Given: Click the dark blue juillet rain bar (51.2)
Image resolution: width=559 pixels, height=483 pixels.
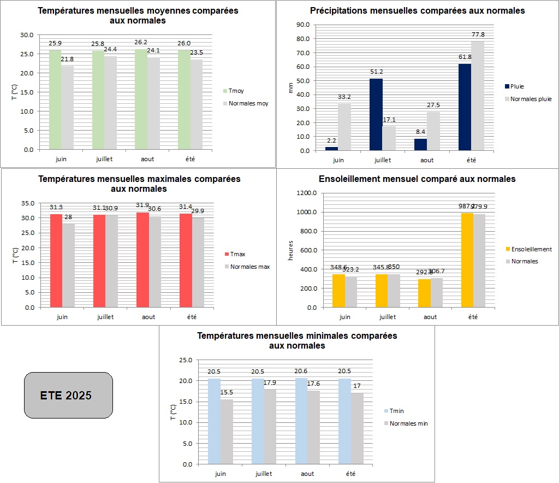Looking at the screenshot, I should pyautogui.click(x=376, y=115).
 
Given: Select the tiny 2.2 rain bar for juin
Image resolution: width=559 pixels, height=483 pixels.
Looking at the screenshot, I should pyautogui.click(x=331, y=148).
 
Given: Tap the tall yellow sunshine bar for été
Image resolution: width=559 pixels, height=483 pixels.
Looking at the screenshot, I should pyautogui.click(x=467, y=260).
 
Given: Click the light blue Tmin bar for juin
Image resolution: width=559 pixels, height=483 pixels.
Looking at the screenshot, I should pyautogui.click(x=214, y=421).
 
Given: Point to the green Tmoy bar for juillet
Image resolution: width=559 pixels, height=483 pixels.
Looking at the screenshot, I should pyautogui.click(x=98, y=100).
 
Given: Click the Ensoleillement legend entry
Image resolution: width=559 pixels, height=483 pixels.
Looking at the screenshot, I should pyautogui.click(x=531, y=249).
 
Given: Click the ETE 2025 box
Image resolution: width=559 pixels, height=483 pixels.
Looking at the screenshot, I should pyautogui.click(x=68, y=396).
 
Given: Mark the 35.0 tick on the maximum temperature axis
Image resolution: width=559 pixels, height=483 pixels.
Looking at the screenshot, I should pyautogui.click(x=27, y=203).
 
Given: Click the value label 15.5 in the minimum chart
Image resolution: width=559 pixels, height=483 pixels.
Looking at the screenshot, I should pyautogui.click(x=227, y=392).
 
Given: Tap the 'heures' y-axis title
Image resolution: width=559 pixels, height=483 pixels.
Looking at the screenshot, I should pyautogui.click(x=291, y=250).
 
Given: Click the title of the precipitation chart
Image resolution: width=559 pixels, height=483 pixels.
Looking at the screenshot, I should pyautogui.click(x=417, y=10).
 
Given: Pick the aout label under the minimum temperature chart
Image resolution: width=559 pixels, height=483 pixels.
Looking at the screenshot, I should pyautogui.click(x=307, y=474).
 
